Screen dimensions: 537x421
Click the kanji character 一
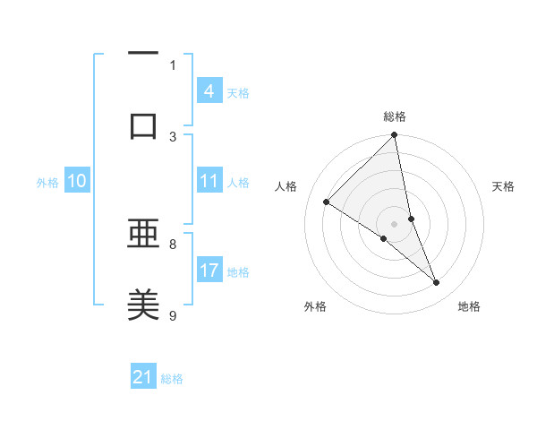pyautogui.click(x=143, y=53)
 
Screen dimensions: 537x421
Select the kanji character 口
pyautogui.click(x=143, y=125)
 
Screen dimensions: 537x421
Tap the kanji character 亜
pyautogui.click(x=143, y=235)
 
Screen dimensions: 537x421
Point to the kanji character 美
pyautogui.click(x=143, y=305)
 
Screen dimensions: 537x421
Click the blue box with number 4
pyautogui.click(x=209, y=91)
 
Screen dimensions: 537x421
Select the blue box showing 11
pyautogui.click(x=209, y=181)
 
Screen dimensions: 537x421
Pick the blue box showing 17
pyautogui.click(x=209, y=271)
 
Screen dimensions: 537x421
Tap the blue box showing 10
pyautogui.click(x=76, y=181)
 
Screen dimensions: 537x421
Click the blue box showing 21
pyautogui.click(x=143, y=377)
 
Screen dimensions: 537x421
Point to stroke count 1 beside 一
pyautogui.click(x=173, y=64)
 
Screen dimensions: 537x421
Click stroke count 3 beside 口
pyautogui.click(x=173, y=136)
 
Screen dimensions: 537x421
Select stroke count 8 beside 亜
pyautogui.click(x=173, y=244)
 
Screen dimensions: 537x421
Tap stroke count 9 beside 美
pyautogui.click(x=173, y=315)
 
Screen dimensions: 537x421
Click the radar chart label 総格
pyautogui.click(x=395, y=116)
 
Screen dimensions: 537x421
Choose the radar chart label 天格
pyautogui.click(x=503, y=186)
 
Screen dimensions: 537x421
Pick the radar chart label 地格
pyautogui.click(x=469, y=307)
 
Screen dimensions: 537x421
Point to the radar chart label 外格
pyautogui.click(x=315, y=307)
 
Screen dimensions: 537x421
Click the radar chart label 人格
pyautogui.click(x=287, y=186)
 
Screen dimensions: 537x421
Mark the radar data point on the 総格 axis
pyautogui.click(x=395, y=136)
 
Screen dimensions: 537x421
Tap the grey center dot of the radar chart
pyautogui.click(x=395, y=223)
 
